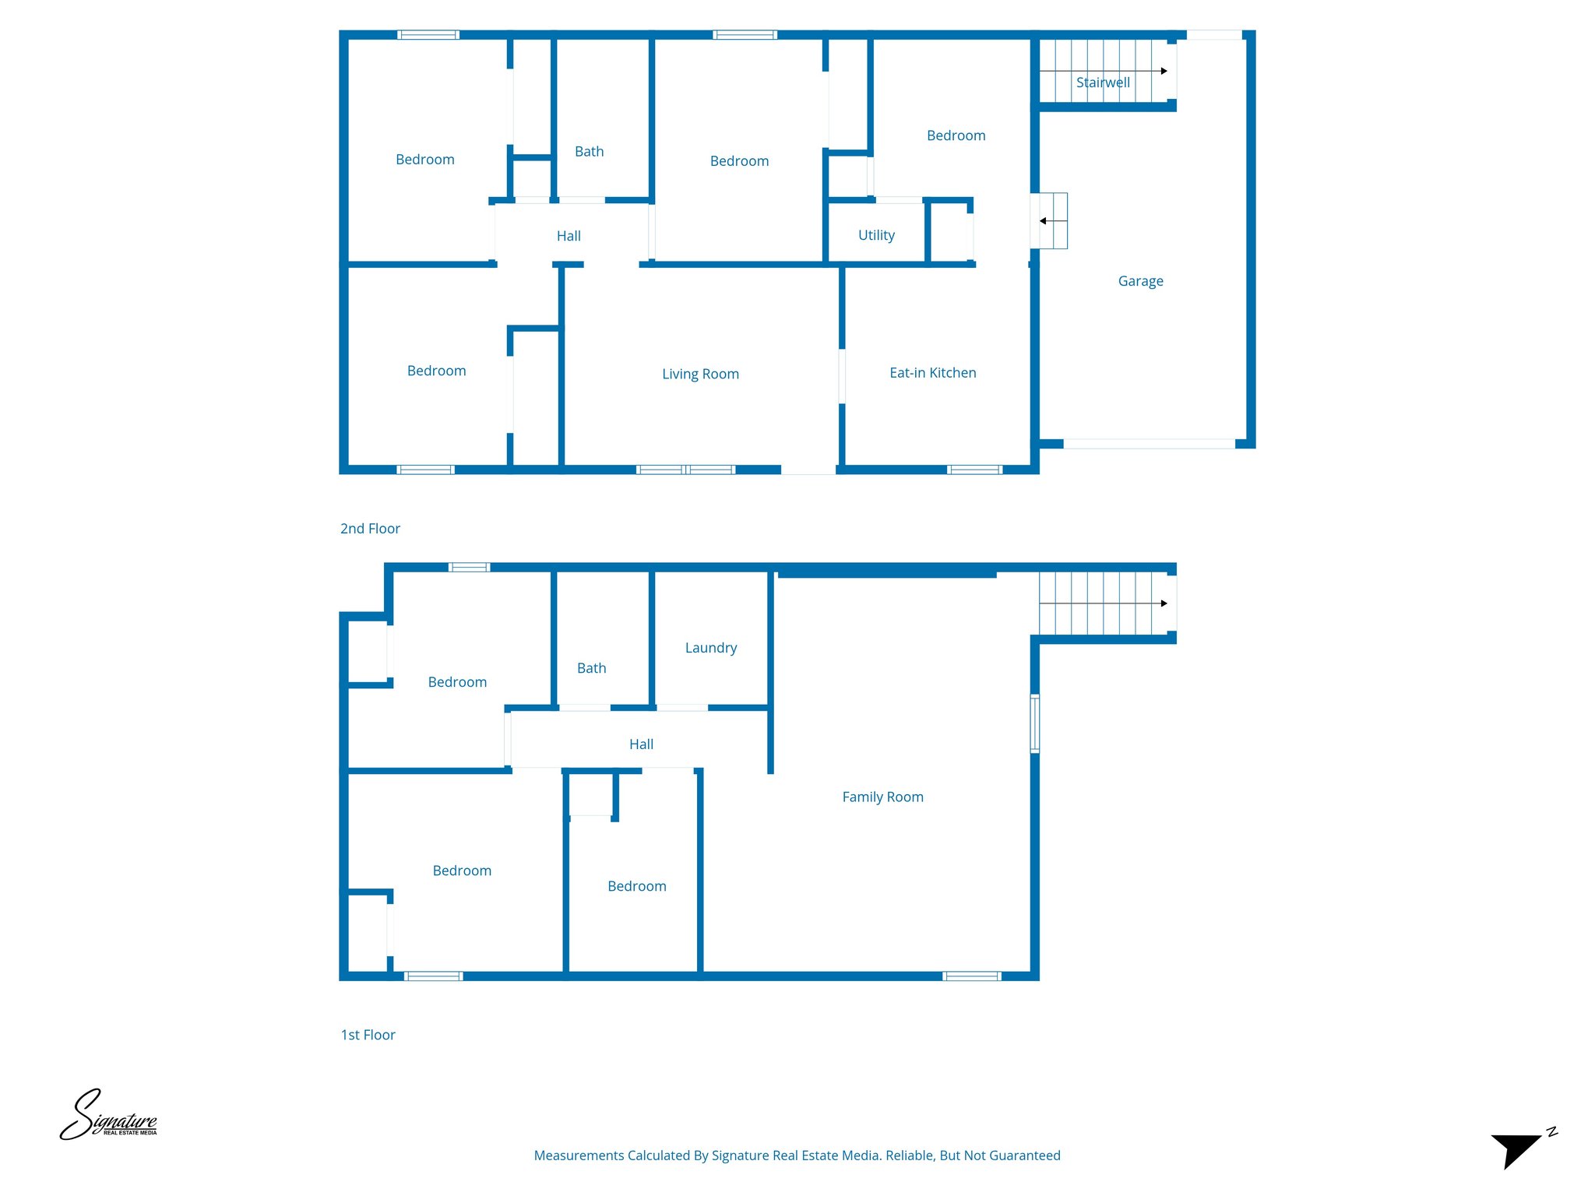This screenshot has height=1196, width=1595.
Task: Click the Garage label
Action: pyautogui.click(x=1140, y=281)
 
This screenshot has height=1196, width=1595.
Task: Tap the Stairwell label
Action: pyautogui.click(x=1103, y=83)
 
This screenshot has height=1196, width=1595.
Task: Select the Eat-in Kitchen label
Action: pyautogui.click(x=932, y=373)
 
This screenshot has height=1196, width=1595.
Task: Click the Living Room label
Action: pyautogui.click(x=700, y=374)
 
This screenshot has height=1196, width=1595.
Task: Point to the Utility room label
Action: pyautogui.click(x=876, y=235)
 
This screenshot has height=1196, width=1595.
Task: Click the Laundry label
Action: pyautogui.click(x=710, y=648)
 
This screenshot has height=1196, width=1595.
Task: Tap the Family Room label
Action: pyautogui.click(x=882, y=797)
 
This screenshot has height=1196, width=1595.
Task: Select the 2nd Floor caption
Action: pyautogui.click(x=370, y=529)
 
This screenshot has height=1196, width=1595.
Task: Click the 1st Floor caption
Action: pyautogui.click(x=368, y=1035)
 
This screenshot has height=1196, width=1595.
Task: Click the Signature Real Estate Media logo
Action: pyautogui.click(x=108, y=1116)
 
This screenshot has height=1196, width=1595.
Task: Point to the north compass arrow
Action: pyautogui.click(x=1519, y=1149)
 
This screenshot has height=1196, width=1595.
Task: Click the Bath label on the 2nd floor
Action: pyautogui.click(x=589, y=152)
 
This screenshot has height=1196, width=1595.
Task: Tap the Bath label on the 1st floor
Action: pyautogui.click(x=591, y=668)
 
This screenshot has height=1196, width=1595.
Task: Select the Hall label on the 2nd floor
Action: pyautogui.click(x=569, y=236)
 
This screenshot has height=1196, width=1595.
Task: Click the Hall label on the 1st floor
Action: pyautogui.click(x=641, y=744)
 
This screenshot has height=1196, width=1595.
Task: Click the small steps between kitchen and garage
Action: pyautogui.click(x=1050, y=221)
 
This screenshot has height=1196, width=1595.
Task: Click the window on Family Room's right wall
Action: pyautogui.click(x=1035, y=723)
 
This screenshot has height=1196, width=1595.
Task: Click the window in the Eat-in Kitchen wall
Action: pyautogui.click(x=974, y=470)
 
